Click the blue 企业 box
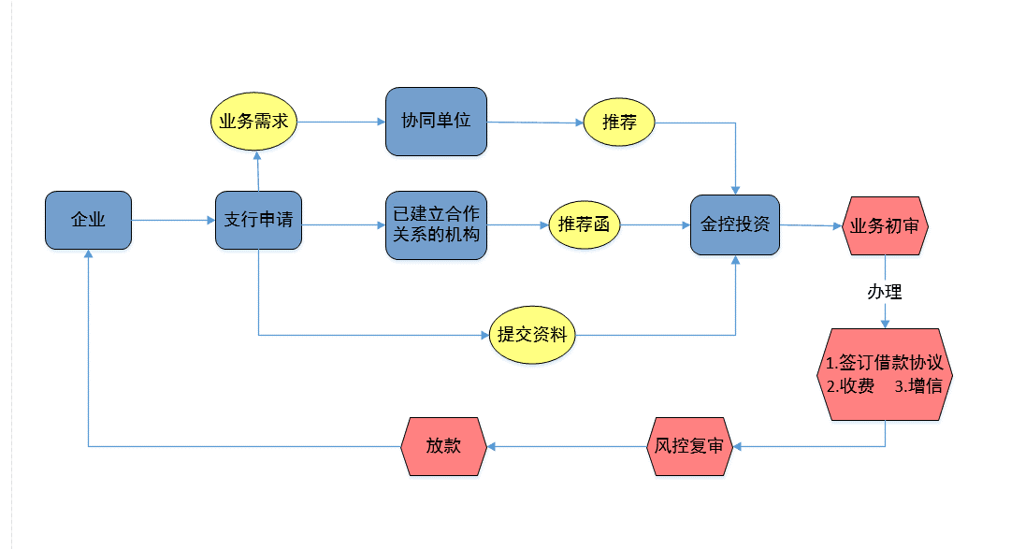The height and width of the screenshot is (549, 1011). (88, 221)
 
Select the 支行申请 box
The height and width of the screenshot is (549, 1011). (258, 221)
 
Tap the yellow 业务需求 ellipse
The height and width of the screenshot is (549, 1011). (253, 122)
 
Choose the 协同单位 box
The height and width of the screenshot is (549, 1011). (436, 122)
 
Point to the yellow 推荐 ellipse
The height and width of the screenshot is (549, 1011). (620, 123)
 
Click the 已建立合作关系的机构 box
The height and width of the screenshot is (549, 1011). (436, 225)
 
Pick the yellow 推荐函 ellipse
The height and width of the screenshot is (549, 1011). (585, 224)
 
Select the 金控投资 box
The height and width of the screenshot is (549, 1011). (735, 225)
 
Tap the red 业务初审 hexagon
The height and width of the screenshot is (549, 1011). (886, 225)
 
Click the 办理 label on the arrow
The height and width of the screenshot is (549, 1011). (884, 292)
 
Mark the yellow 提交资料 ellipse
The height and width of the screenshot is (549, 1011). (532, 334)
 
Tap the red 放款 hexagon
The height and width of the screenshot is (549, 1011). (443, 446)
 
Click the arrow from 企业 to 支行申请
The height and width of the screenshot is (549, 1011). (173, 221)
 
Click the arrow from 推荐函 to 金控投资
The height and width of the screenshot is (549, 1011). (655, 225)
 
